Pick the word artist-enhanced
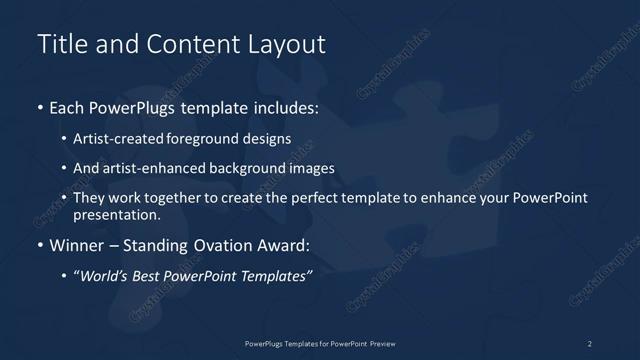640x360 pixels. (x=145, y=169)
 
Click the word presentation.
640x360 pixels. (x=117, y=214)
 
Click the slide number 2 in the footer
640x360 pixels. (x=590, y=343)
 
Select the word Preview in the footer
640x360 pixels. (x=384, y=343)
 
